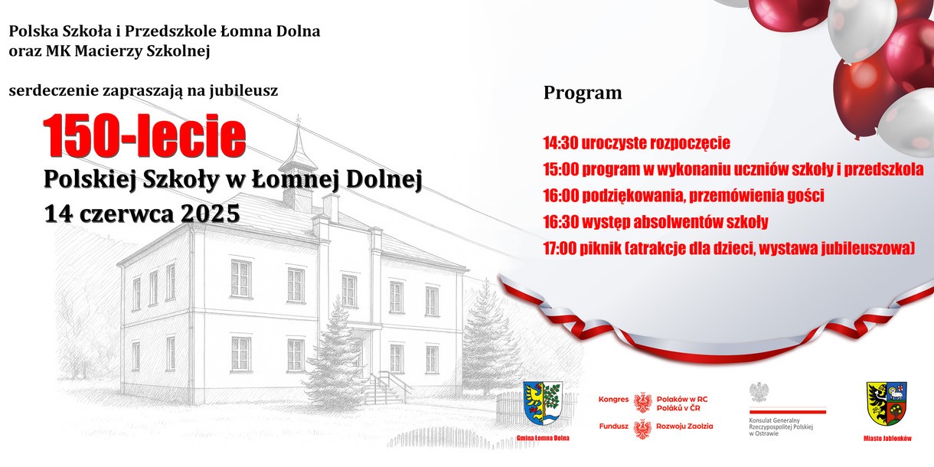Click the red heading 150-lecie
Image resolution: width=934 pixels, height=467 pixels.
pos(145,136)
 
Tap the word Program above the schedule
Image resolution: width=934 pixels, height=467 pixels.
pos(583,93)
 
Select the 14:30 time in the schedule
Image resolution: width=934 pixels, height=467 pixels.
pos(560,143)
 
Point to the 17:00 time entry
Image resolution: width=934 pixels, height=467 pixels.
pos(560,249)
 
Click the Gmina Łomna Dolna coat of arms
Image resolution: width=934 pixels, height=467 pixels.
pos(543,403)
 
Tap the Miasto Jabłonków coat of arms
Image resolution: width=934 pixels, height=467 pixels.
pos(887,403)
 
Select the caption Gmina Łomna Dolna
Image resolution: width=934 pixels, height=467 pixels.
pos(543,438)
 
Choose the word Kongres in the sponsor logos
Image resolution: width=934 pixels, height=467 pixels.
pos(613,400)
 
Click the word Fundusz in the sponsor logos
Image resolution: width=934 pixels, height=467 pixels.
pos(614,426)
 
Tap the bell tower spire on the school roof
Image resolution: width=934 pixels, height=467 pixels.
pos(298,142)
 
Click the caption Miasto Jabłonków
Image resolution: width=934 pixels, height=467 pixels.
pos(887,439)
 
